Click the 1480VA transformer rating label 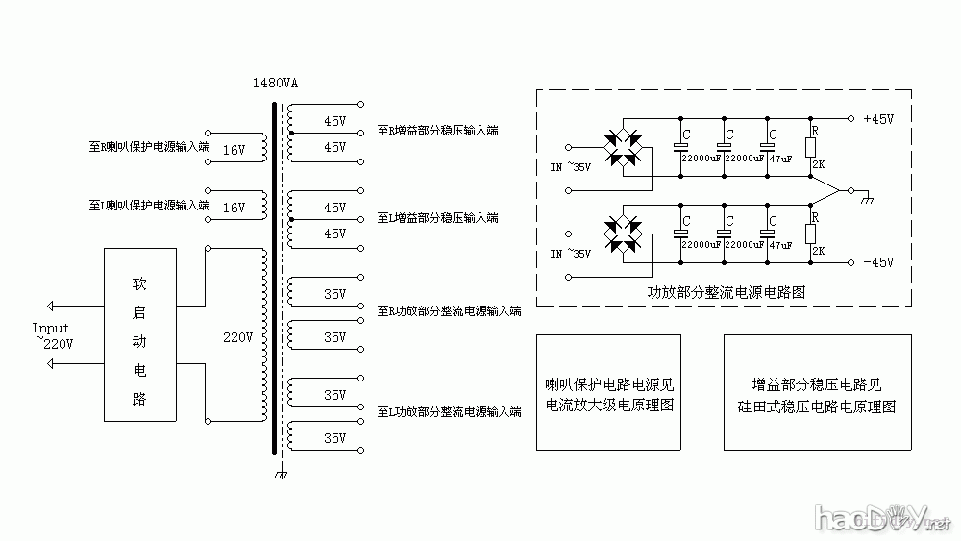(x=276, y=83)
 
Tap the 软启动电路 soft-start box (x=139, y=334)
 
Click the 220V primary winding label (x=237, y=338)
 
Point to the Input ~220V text (x=53, y=335)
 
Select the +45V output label (x=878, y=120)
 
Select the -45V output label (x=878, y=262)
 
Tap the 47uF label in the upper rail (x=780, y=159)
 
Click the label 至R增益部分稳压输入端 (x=437, y=130)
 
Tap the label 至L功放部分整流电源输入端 (x=449, y=411)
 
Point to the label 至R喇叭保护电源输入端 (x=149, y=148)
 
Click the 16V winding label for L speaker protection (x=234, y=207)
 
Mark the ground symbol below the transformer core (x=280, y=475)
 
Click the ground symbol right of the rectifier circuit (x=867, y=198)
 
